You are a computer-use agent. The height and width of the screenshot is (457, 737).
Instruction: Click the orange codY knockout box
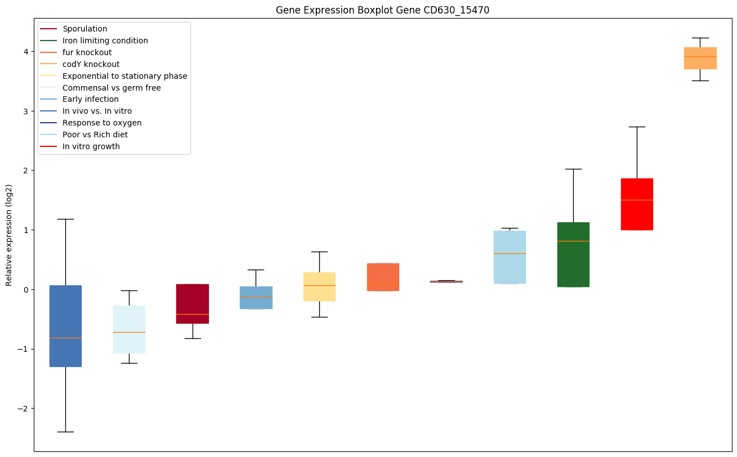pos(700,58)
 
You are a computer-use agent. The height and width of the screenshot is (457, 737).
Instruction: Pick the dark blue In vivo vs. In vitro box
pos(65,326)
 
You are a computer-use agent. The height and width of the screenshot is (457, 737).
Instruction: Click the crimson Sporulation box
pos(193,303)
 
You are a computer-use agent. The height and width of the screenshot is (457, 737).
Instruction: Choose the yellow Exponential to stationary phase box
pos(319,286)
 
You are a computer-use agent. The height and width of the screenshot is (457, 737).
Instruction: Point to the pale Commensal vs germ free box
pos(129,329)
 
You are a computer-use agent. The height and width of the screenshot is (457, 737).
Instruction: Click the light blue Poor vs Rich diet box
pos(510,257)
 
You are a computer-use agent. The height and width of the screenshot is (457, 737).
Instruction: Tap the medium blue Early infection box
pos(256,297)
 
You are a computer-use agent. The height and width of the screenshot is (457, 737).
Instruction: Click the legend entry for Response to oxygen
pos(102,123)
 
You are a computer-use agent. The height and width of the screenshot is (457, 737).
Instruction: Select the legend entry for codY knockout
pos(91,64)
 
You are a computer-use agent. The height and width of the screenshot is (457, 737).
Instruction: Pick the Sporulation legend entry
pos(84,29)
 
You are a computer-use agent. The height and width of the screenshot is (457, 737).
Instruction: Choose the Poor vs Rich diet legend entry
pos(95,135)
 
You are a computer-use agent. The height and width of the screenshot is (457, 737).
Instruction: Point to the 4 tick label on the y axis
pos(26,52)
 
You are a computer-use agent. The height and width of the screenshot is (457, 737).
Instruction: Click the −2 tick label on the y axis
pos(24,409)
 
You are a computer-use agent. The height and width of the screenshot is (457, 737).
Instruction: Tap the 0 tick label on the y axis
pos(26,289)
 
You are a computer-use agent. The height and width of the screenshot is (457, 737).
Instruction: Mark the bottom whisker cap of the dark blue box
pos(65,432)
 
